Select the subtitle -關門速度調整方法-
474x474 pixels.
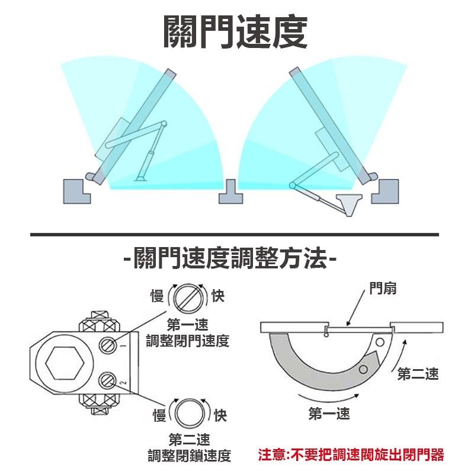pos(230,259)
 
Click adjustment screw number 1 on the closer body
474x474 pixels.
pos(108,344)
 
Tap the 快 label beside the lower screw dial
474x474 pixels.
pos(220,415)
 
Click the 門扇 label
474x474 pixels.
pos(382,289)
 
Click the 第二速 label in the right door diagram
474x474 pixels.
pos(418,374)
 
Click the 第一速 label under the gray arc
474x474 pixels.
pos(329,414)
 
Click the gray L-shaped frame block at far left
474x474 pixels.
pos(76,191)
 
